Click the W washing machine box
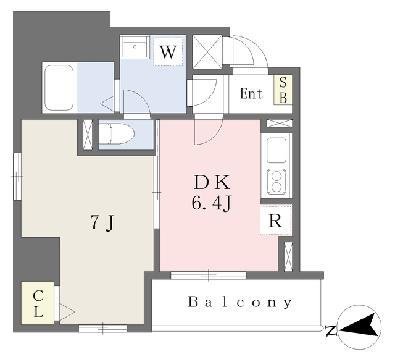168,52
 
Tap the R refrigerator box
276,220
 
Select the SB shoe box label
283,90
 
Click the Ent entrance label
251,93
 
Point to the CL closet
38,303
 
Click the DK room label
212,182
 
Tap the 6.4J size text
211,203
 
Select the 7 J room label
102,223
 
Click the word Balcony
240,302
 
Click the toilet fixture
117,134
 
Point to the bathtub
59,88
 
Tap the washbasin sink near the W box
135,47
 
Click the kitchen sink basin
276,151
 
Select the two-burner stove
276,182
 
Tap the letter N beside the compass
331,331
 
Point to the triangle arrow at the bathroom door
107,103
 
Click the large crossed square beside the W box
207,52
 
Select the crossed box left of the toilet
88,135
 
